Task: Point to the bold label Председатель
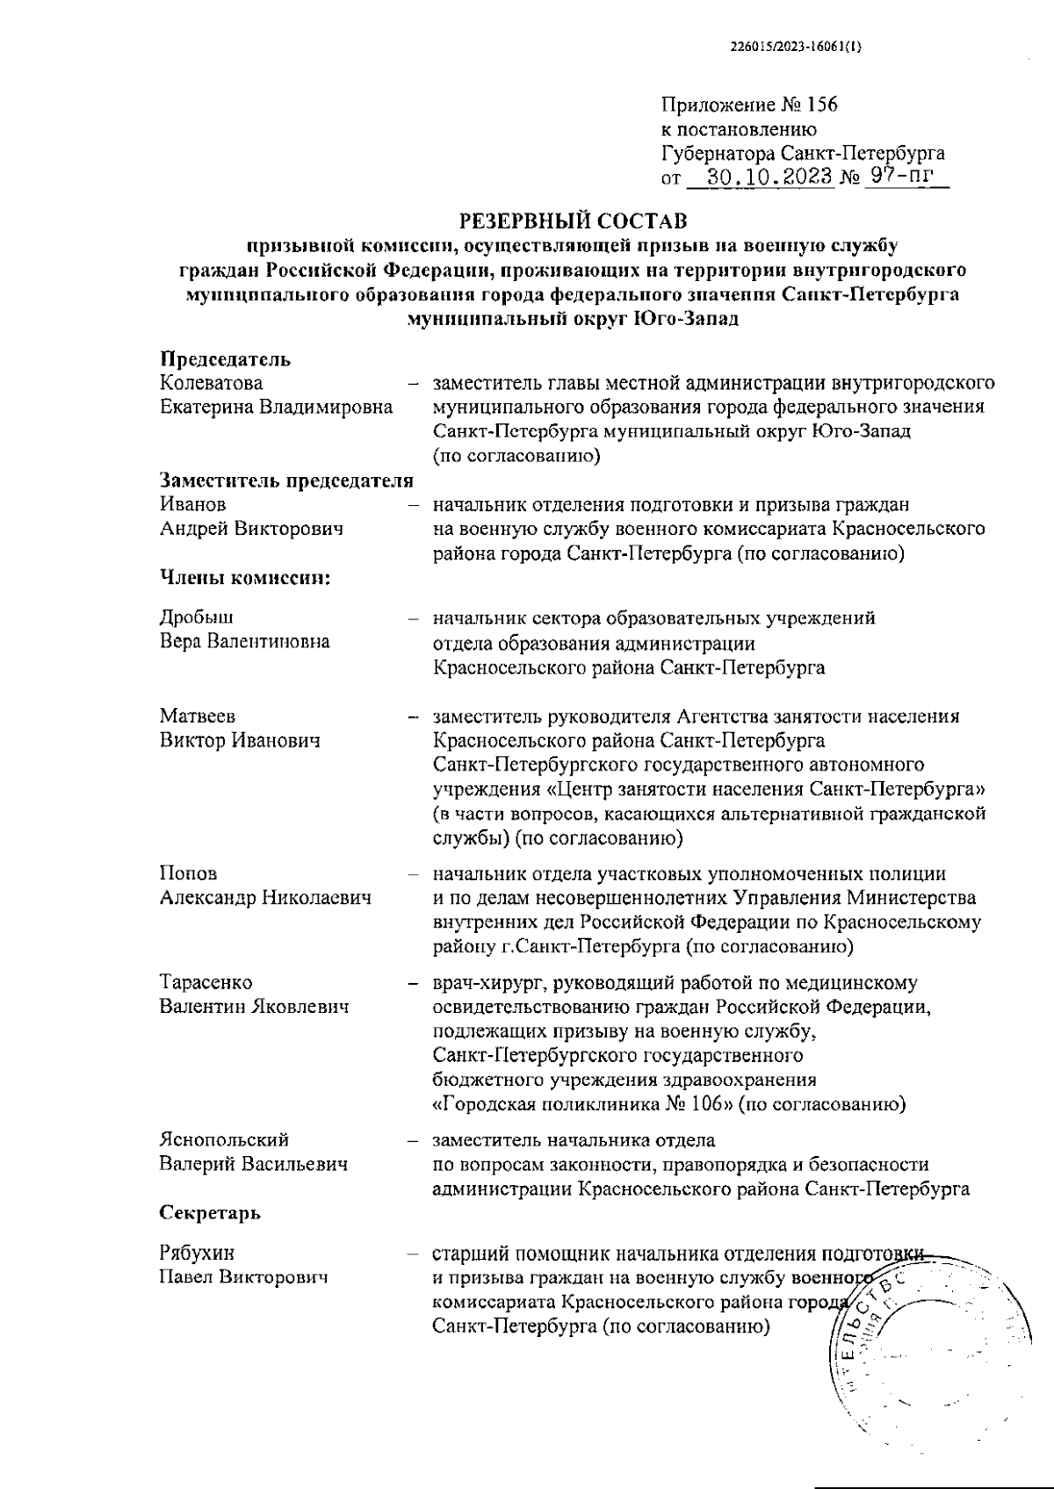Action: (225, 359)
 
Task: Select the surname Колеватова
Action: (211, 384)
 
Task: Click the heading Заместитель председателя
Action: (286, 481)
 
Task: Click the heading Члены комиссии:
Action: (245, 577)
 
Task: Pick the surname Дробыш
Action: (197, 618)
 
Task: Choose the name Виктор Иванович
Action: (240, 740)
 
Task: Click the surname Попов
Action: (188, 874)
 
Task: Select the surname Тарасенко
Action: (206, 982)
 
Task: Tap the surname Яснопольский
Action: (224, 1140)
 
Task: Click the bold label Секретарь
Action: (210, 1213)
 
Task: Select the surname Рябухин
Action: (197, 1253)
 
